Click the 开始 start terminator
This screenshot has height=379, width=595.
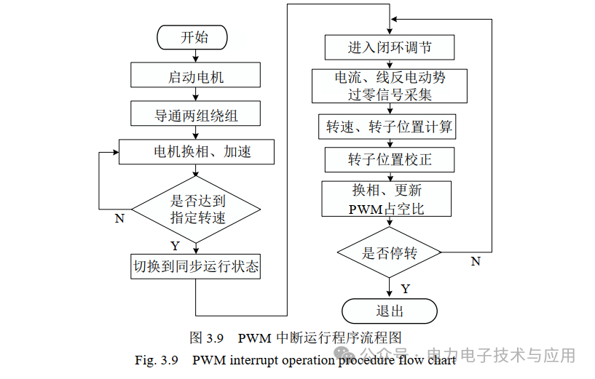pos(192,37)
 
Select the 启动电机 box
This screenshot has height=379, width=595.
pos(195,75)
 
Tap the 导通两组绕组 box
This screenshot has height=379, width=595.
pos(195,113)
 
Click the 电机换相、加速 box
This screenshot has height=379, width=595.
pos(197,152)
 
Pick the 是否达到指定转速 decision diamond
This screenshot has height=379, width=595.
pos(196,210)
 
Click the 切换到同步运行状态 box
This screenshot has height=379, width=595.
pos(195,266)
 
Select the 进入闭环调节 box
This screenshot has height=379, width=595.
pos(390,47)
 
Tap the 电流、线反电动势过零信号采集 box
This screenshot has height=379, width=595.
pos(390,86)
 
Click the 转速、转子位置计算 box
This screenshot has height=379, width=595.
pos(387,127)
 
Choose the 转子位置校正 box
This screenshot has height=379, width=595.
pos(390,159)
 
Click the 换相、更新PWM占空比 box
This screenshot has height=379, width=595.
pos(386,199)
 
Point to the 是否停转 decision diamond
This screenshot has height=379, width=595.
pos(390,252)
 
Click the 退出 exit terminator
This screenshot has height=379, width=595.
pos(390,311)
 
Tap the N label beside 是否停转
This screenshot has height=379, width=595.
pos(476,261)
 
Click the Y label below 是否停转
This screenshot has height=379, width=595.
pos(405,290)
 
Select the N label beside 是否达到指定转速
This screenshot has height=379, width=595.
pos(119,218)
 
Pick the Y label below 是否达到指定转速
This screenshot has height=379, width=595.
pos(175,246)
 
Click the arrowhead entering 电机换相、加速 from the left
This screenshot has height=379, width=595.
pos(116,152)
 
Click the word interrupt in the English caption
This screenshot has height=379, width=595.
pos(254,359)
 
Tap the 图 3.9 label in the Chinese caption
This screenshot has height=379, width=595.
pos(206,338)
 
